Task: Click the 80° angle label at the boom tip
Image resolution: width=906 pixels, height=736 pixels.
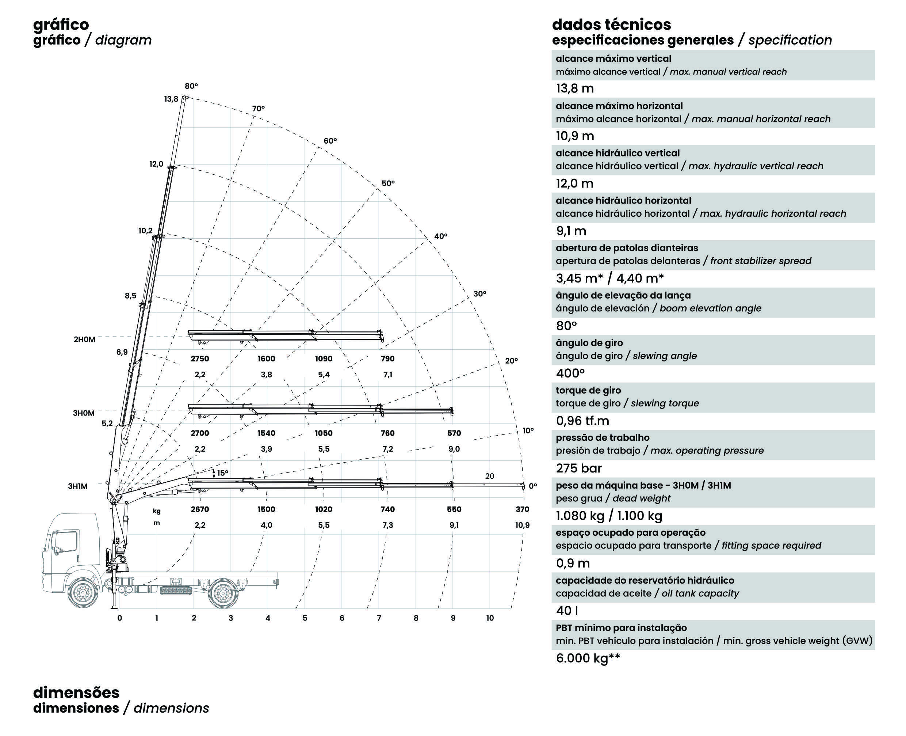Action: pos(191,86)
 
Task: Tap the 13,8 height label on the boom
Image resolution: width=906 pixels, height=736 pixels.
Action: pos(171,99)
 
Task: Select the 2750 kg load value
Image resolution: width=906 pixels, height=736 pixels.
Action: pos(199,358)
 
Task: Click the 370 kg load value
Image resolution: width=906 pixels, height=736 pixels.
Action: pos(522,509)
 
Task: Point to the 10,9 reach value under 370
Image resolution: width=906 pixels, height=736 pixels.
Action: pos(522,525)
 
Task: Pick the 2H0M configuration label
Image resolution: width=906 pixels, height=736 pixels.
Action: pos(84,339)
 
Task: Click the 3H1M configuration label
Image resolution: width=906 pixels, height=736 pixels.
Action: pos(78,486)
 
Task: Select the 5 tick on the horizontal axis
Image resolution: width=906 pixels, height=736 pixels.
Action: pos(305,618)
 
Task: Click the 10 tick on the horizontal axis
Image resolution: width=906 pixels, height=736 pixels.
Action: pos(490,618)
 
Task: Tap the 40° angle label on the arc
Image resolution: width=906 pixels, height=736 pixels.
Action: pos(440,236)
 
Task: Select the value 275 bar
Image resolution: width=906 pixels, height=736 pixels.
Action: pos(578,468)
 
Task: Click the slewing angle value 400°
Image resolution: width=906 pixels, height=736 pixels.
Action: pos(570,373)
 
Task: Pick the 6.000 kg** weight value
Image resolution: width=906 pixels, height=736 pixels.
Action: pos(588,658)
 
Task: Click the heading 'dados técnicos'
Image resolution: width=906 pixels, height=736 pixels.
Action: pos(611,24)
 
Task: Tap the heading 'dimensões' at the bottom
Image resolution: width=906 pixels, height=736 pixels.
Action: pos(76,693)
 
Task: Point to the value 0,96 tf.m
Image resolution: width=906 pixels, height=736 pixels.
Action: pos(582,421)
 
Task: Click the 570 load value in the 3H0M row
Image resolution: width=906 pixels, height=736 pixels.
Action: pos(454,433)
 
